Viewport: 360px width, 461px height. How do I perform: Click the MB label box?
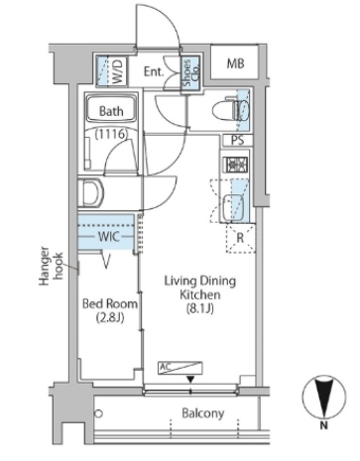pyautogui.click(x=235, y=62)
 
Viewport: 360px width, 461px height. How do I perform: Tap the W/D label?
pyautogui.click(x=117, y=70)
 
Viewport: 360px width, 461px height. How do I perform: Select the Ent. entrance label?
pyautogui.click(x=154, y=71)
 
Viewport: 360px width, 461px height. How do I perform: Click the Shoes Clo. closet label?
pyautogui.click(x=190, y=73)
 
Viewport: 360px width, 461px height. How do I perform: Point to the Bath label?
pyautogui.click(x=111, y=111)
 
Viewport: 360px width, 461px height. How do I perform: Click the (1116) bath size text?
pyautogui.click(x=111, y=134)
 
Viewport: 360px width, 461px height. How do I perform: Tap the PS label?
pyautogui.click(x=237, y=141)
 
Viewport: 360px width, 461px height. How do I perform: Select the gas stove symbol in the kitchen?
pyautogui.click(x=236, y=165)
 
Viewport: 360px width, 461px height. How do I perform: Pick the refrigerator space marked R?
pyautogui.click(x=241, y=238)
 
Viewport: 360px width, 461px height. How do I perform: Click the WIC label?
pyautogui.click(x=108, y=237)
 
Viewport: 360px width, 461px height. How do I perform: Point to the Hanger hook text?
pyautogui.click(x=51, y=266)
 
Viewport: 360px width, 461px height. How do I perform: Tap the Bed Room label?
pyautogui.click(x=110, y=303)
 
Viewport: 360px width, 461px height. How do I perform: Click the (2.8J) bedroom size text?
pyautogui.click(x=110, y=318)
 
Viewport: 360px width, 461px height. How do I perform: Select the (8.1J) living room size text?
pyautogui.click(x=200, y=308)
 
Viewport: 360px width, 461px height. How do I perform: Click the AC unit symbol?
pyautogui.click(x=180, y=368)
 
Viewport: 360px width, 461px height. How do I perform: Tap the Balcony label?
pyautogui.click(x=203, y=413)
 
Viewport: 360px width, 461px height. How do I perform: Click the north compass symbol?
pyautogui.click(x=324, y=397)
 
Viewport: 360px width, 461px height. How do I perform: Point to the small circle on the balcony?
pyautogui.click(x=98, y=413)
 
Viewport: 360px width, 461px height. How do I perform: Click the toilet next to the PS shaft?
pyautogui.click(x=231, y=109)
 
